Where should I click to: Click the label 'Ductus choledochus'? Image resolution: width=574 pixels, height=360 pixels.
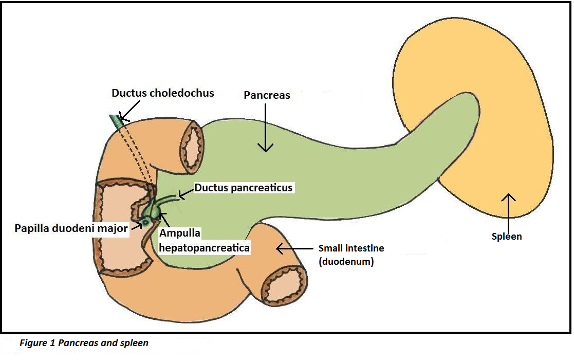tap(163, 93)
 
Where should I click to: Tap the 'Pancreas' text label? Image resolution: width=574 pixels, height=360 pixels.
tap(267, 95)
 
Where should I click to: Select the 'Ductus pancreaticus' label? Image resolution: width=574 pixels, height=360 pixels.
tap(243, 188)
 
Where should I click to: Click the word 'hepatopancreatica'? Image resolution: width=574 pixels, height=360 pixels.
tap(204, 247)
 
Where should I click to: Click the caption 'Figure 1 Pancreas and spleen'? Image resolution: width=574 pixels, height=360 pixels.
tap(84, 343)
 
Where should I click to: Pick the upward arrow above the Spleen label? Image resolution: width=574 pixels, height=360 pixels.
tap(508, 211)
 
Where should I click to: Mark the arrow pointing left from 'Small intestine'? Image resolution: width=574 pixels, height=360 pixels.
tap(294, 249)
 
